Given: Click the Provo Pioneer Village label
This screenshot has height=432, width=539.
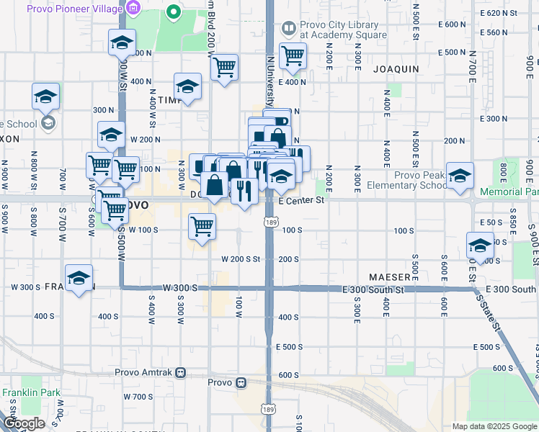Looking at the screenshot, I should pyautogui.click(x=73, y=9).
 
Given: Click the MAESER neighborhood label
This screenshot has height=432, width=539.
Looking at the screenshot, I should pyautogui.click(x=390, y=276).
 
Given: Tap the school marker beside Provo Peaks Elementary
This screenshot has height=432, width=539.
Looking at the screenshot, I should pyautogui.click(x=460, y=176).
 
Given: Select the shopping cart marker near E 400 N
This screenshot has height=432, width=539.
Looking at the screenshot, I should pyautogui.click(x=293, y=55).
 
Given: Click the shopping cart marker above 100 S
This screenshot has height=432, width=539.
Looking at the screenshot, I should pyautogui.click(x=202, y=227).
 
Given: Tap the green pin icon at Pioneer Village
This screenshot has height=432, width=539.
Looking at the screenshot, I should pyautogui.click(x=173, y=12).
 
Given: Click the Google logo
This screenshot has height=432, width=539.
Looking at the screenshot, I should pyautogui.click(x=24, y=423).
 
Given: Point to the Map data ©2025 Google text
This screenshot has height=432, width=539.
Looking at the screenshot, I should pyautogui.click(x=494, y=426).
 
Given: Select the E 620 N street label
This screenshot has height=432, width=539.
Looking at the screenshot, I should pyautogui.click(x=499, y=13).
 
